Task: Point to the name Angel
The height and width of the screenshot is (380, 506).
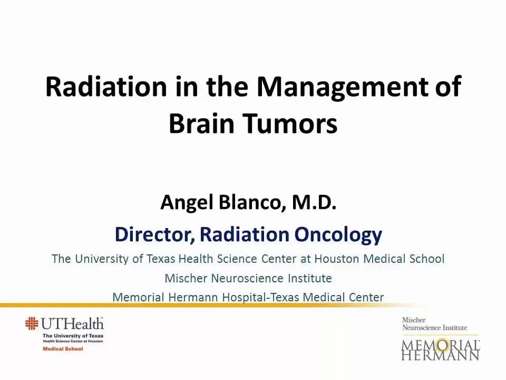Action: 187,202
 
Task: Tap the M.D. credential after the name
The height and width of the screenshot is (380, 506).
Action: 313,202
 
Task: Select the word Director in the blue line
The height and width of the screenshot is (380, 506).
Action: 153,234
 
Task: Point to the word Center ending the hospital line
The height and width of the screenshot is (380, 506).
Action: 366,297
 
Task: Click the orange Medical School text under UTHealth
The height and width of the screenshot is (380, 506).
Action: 63,349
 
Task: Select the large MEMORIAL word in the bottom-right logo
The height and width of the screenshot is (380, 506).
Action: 440,345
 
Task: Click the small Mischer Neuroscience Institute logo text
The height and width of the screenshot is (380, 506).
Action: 434,324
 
